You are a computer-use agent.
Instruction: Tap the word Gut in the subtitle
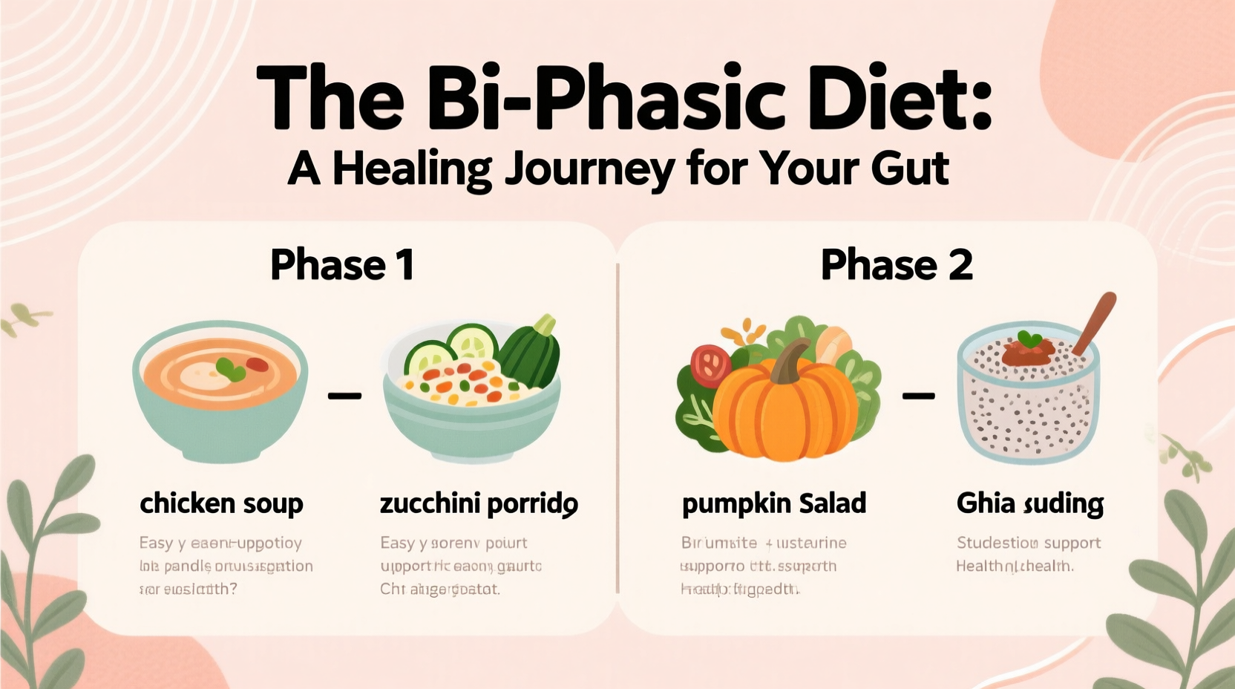[910, 169]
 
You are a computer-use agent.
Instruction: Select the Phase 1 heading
[342, 265]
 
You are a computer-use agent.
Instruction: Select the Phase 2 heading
[897, 265]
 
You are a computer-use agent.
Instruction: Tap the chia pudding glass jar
[1028, 397]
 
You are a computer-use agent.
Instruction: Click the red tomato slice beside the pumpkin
[710, 365]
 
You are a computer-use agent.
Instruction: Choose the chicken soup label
[221, 504]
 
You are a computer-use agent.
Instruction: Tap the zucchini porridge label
[479, 504]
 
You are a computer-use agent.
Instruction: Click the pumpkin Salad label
[774, 504]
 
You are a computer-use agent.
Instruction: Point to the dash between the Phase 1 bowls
[344, 396]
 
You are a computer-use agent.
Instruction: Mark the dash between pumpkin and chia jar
[918, 396]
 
